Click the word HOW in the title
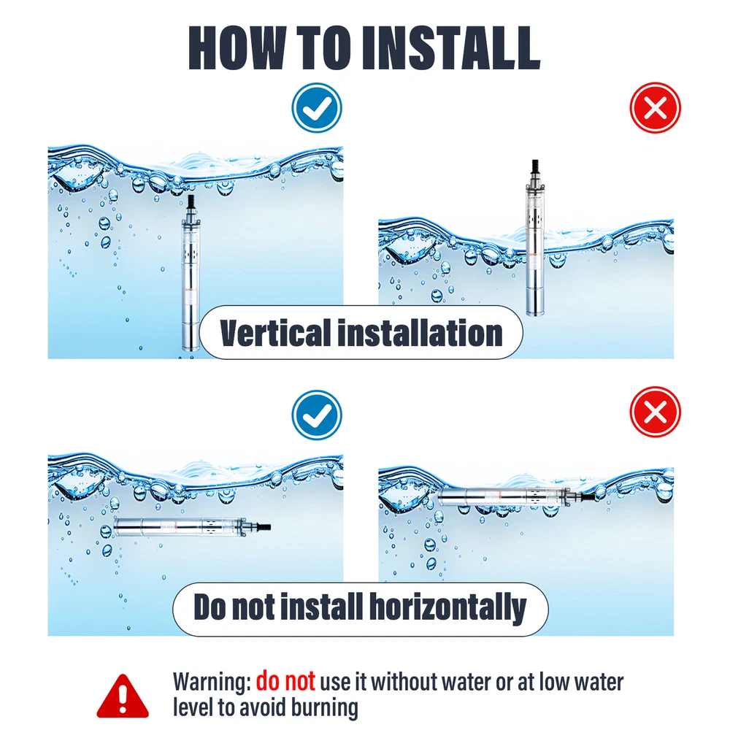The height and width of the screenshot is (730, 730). point(237,48)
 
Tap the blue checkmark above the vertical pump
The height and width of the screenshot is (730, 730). point(317,107)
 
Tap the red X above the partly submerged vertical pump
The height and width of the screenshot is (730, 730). point(655,107)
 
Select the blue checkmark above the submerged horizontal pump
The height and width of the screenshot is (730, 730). point(317,415)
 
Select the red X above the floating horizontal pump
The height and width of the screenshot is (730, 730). point(655,412)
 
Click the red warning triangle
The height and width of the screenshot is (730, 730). point(123,696)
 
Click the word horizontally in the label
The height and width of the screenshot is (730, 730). point(447,607)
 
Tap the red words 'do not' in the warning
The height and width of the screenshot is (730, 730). point(285,681)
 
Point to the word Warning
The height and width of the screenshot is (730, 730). point(212,682)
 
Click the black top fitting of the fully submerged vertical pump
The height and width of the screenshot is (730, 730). point(191,202)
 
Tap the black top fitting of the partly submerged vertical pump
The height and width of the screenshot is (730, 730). point(535,166)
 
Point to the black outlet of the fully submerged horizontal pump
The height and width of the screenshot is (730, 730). point(264,527)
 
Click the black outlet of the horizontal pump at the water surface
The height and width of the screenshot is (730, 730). point(588,496)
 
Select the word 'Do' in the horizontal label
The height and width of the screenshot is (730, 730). point(210,607)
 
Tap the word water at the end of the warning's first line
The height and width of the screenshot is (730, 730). point(599,682)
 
